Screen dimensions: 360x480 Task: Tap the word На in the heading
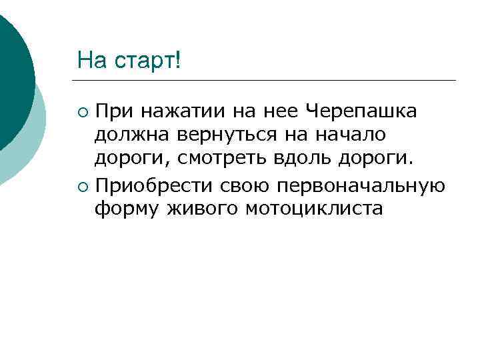click(x=90, y=61)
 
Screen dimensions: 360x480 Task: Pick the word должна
click(x=132, y=135)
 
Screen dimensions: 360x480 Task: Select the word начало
click(x=353, y=135)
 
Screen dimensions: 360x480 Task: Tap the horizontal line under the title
click(x=267, y=81)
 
